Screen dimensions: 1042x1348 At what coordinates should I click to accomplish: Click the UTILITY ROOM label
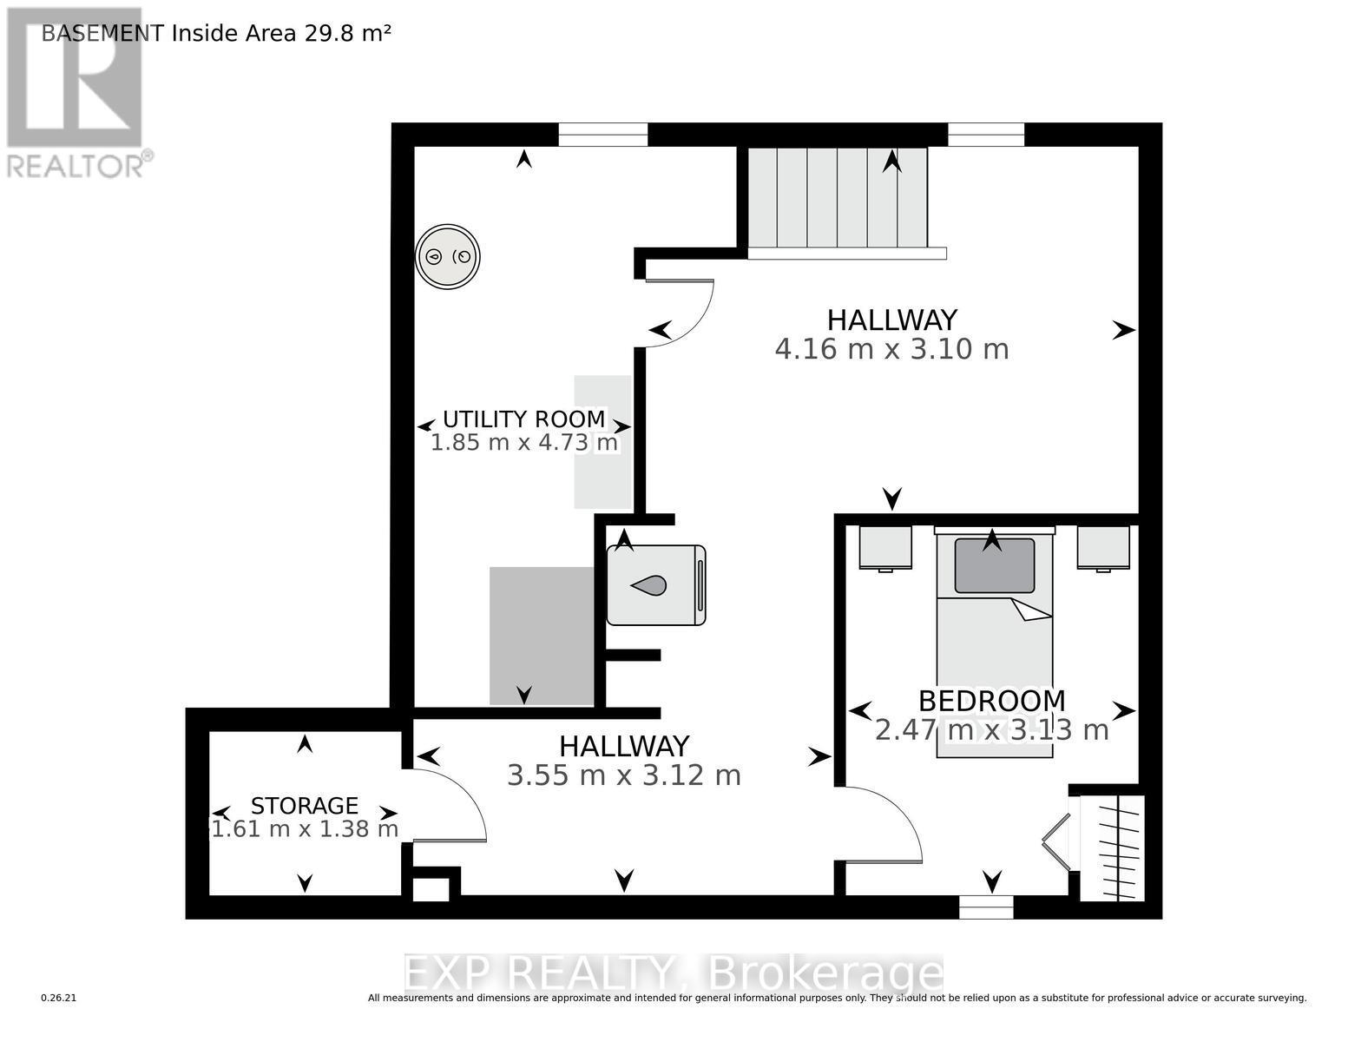[523, 419]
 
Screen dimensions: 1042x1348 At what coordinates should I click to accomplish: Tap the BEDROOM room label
[991, 701]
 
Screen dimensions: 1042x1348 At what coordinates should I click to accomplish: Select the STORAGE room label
[304, 806]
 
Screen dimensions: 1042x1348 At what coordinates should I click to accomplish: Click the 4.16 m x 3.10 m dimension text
[891, 350]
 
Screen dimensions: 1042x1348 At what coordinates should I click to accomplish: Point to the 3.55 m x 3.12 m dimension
[623, 775]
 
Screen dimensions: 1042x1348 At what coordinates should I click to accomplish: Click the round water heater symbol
[447, 257]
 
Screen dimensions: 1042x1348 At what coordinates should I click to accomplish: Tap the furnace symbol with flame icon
[655, 585]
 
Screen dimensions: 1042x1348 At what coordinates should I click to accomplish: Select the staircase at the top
[837, 199]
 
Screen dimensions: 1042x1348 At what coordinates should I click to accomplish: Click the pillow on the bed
[994, 566]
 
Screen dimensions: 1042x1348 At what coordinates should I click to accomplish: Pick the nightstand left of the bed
[885, 548]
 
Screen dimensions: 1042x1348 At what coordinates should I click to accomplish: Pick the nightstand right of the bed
[1103, 548]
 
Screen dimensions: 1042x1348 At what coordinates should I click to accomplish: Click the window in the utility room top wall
[602, 135]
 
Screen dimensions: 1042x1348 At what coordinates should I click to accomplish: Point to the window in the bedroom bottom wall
[986, 907]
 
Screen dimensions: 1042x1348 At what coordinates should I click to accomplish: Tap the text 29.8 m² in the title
[347, 33]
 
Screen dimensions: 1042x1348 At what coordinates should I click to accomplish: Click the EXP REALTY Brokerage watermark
[674, 973]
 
